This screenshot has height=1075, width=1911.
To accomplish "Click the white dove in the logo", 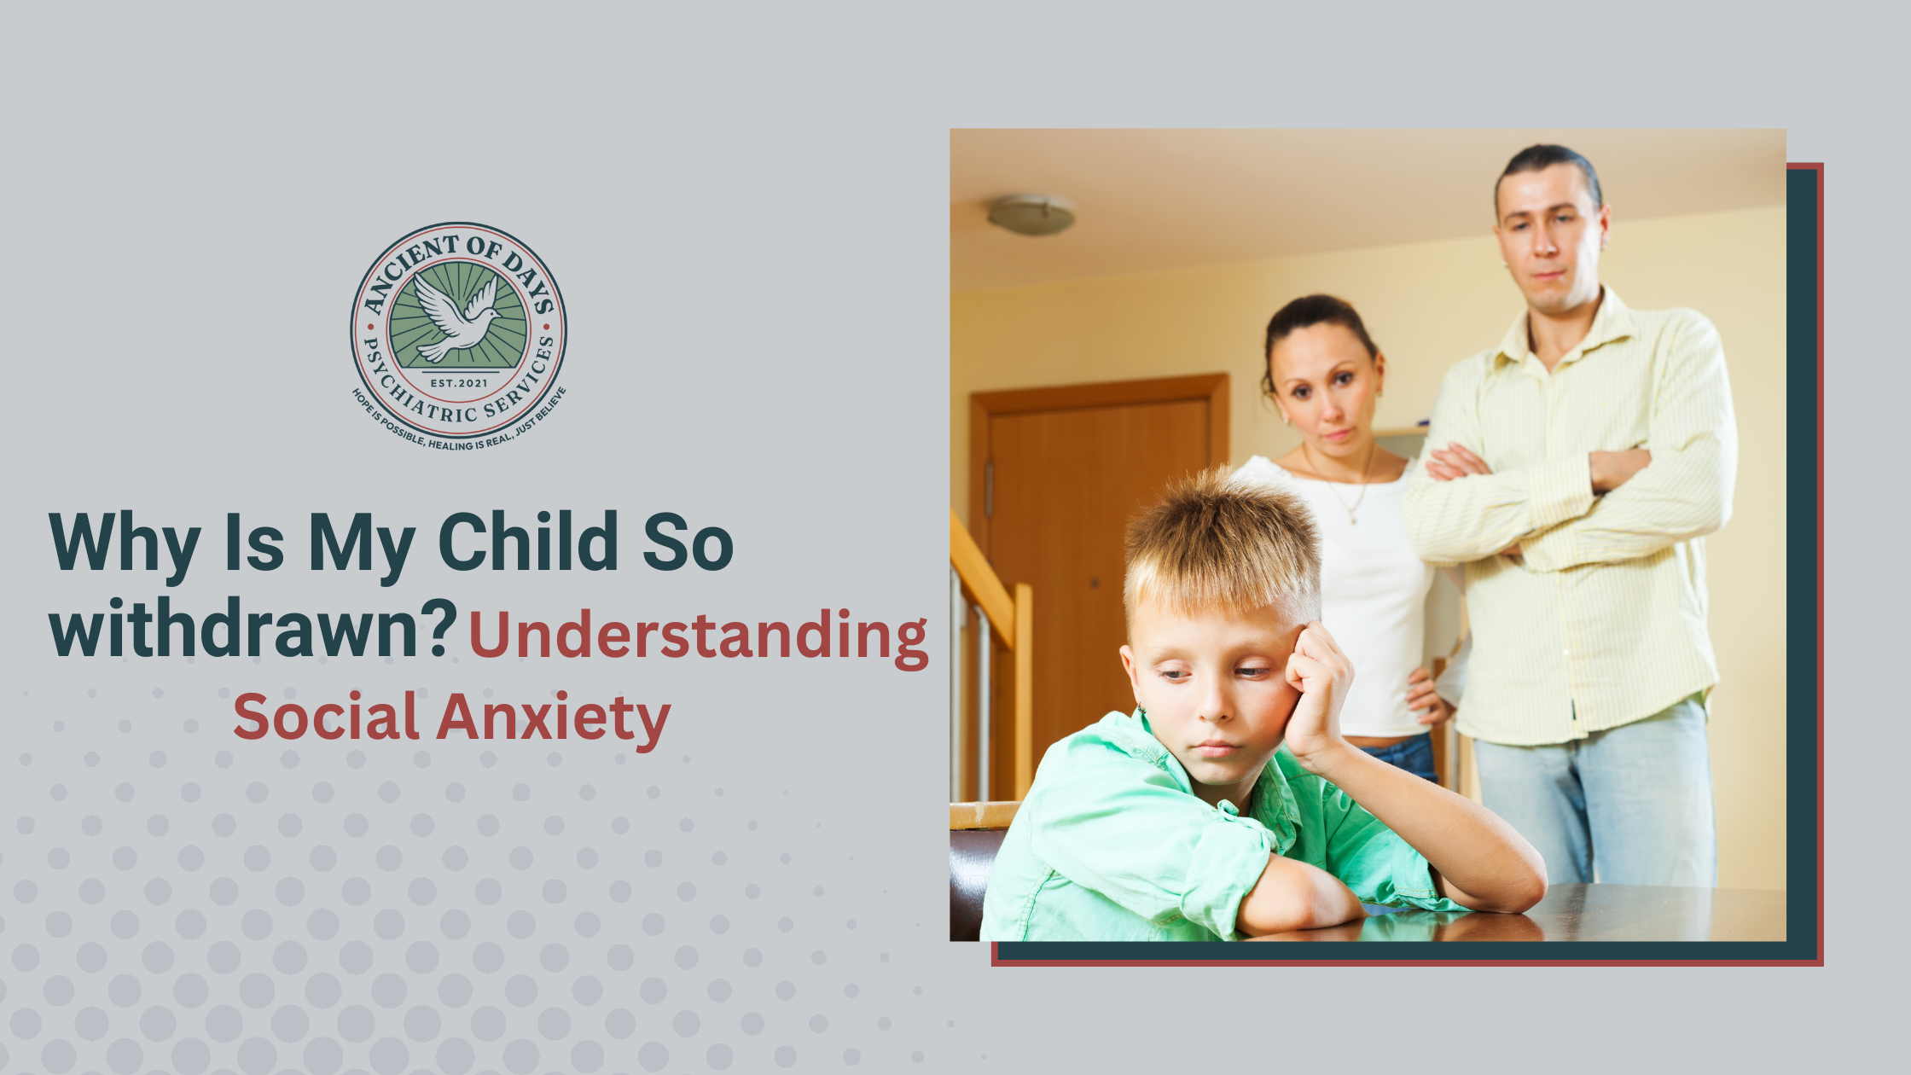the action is pyautogui.click(x=456, y=318).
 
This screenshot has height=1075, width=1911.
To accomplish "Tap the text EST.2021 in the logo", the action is pyautogui.click(x=459, y=383).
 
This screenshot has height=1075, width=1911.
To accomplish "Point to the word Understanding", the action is pyautogui.click(x=699, y=636).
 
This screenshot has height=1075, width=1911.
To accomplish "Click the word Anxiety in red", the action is pyautogui.click(x=554, y=718).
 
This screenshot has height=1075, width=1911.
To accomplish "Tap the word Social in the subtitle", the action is pyautogui.click(x=326, y=717).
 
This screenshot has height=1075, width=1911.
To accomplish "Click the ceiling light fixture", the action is pyautogui.click(x=1031, y=215).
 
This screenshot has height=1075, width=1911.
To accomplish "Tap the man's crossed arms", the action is pyautogui.click(x=1536, y=495).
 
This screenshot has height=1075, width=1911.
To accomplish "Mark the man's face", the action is pyautogui.click(x=1548, y=243).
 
